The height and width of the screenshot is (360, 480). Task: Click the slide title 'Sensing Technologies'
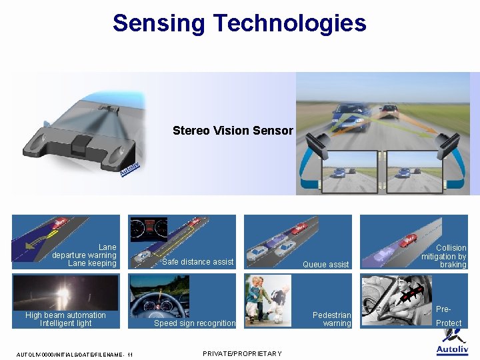coord(239,23)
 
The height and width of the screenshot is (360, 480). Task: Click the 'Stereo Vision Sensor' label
coord(233,131)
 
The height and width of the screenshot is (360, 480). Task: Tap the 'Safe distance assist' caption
coord(198,262)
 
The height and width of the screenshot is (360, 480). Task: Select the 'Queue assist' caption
coord(325,265)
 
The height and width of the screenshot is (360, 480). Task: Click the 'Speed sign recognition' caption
coord(195,323)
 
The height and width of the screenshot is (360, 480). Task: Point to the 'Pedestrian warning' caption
coord(332,319)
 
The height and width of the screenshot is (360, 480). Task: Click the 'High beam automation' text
coord(65,315)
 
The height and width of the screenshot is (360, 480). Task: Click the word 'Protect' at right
coord(449,323)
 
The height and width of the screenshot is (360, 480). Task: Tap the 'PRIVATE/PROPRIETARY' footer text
coord(242,353)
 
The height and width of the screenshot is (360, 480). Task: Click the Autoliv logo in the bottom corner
coord(452,343)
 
